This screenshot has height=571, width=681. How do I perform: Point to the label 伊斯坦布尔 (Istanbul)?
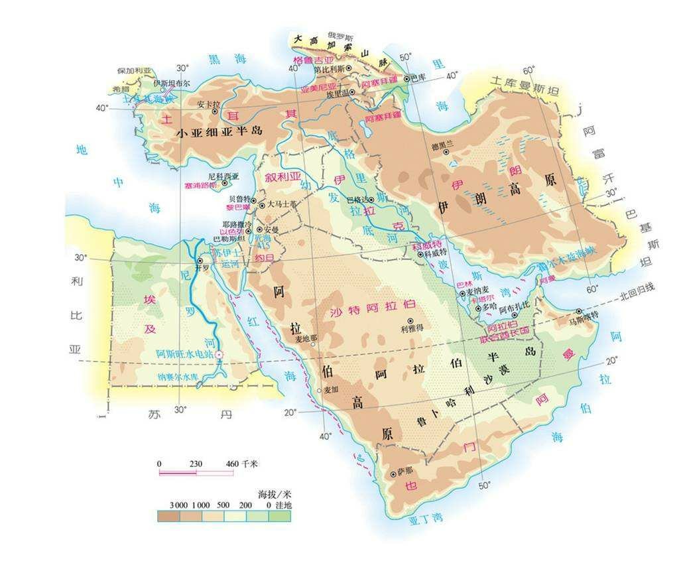coord(172,84)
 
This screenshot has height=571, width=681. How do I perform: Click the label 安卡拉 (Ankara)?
coord(208,104)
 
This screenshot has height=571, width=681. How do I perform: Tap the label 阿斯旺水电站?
coord(184,354)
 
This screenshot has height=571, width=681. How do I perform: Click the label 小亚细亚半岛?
coord(219,132)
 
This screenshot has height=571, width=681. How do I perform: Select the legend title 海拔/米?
coord(275,494)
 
